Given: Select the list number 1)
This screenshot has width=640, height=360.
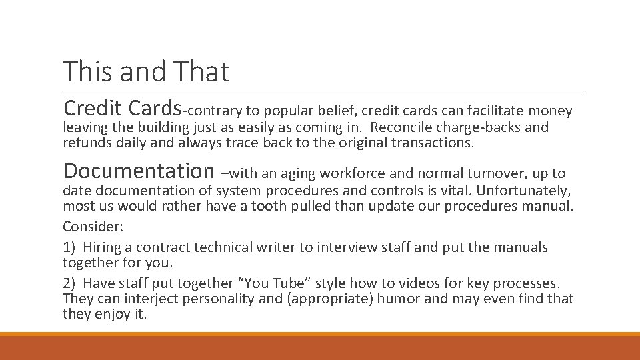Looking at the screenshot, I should pos(70,247).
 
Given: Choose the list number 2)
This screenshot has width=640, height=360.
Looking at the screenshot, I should pos(70,283).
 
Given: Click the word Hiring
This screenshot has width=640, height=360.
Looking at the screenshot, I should pos(103,247).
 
